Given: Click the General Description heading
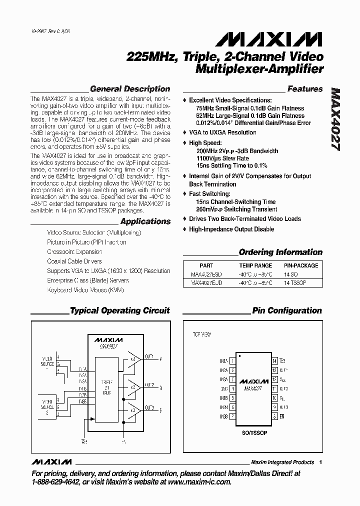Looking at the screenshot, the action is pyautogui.click(x=129, y=89).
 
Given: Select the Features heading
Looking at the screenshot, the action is pyautogui.click(x=304, y=89).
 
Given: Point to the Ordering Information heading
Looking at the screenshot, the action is pyautogui.click(x=280, y=252).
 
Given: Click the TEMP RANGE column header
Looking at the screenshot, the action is pyautogui.click(x=255, y=266).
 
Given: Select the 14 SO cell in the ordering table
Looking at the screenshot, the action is pyautogui.click(x=291, y=274).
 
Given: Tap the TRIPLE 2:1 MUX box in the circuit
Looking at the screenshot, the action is pyautogui.click(x=105, y=387).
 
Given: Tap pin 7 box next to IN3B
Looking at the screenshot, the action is pyautogui.click(x=232, y=416).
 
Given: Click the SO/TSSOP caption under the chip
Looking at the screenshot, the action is pyautogui.click(x=253, y=432).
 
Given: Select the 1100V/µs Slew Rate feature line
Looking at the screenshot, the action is pyautogui.click(x=223, y=158).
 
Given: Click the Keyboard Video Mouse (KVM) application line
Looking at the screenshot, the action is pyautogui.click(x=85, y=290).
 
